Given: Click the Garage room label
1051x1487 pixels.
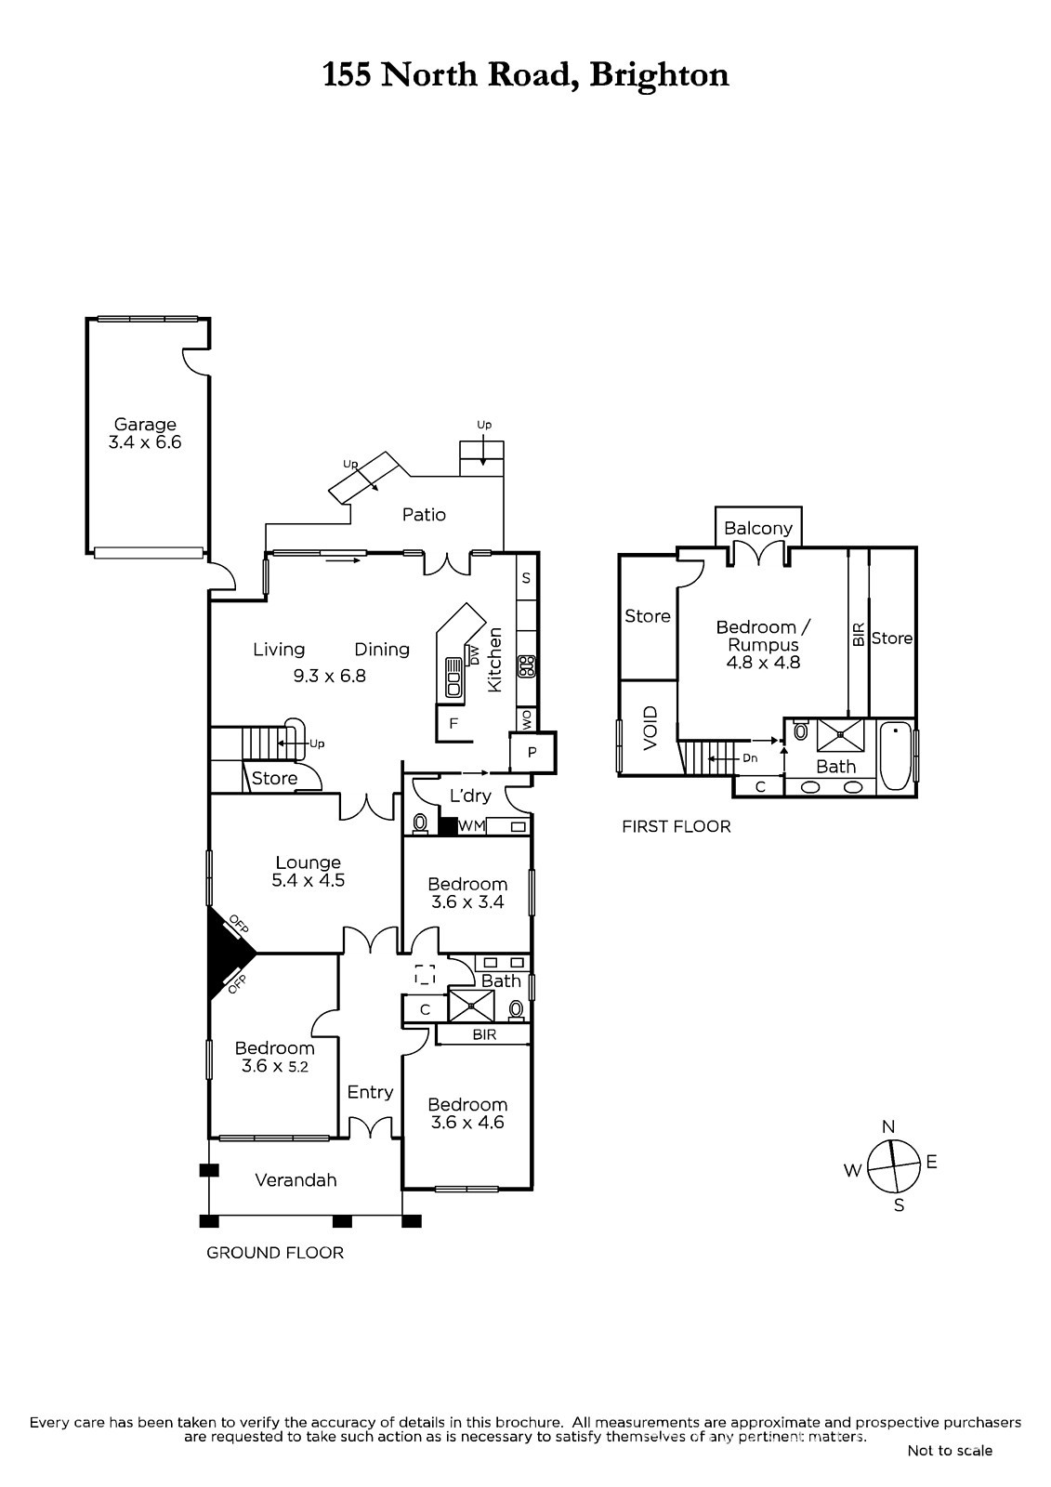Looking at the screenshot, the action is click(145, 424).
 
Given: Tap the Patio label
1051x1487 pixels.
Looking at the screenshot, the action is click(424, 515).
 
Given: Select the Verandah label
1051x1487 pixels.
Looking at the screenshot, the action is click(296, 1180).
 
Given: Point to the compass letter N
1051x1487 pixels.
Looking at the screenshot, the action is click(888, 1126).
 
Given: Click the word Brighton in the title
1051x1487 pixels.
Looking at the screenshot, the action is click(659, 74).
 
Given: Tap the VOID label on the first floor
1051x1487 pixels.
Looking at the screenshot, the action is click(650, 729).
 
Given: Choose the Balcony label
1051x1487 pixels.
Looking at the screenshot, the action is click(758, 529).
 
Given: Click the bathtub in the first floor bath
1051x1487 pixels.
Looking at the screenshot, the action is click(896, 757).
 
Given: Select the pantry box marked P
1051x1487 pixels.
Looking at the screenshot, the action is click(532, 753).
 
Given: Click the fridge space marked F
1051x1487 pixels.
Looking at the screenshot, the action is click(453, 724).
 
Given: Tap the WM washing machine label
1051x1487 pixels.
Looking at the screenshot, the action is click(472, 826).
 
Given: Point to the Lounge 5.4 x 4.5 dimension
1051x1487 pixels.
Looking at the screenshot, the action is click(309, 881).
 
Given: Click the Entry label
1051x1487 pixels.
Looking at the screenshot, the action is click(370, 1092).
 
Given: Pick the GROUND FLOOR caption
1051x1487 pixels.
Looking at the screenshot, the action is click(275, 1253).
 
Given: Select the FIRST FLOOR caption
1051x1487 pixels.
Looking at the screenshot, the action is click(676, 826).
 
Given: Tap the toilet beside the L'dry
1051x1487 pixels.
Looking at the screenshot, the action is click(420, 823).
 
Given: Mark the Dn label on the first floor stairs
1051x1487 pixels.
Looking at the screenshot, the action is click(750, 758).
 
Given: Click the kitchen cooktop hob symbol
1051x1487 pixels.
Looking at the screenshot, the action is click(527, 665).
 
